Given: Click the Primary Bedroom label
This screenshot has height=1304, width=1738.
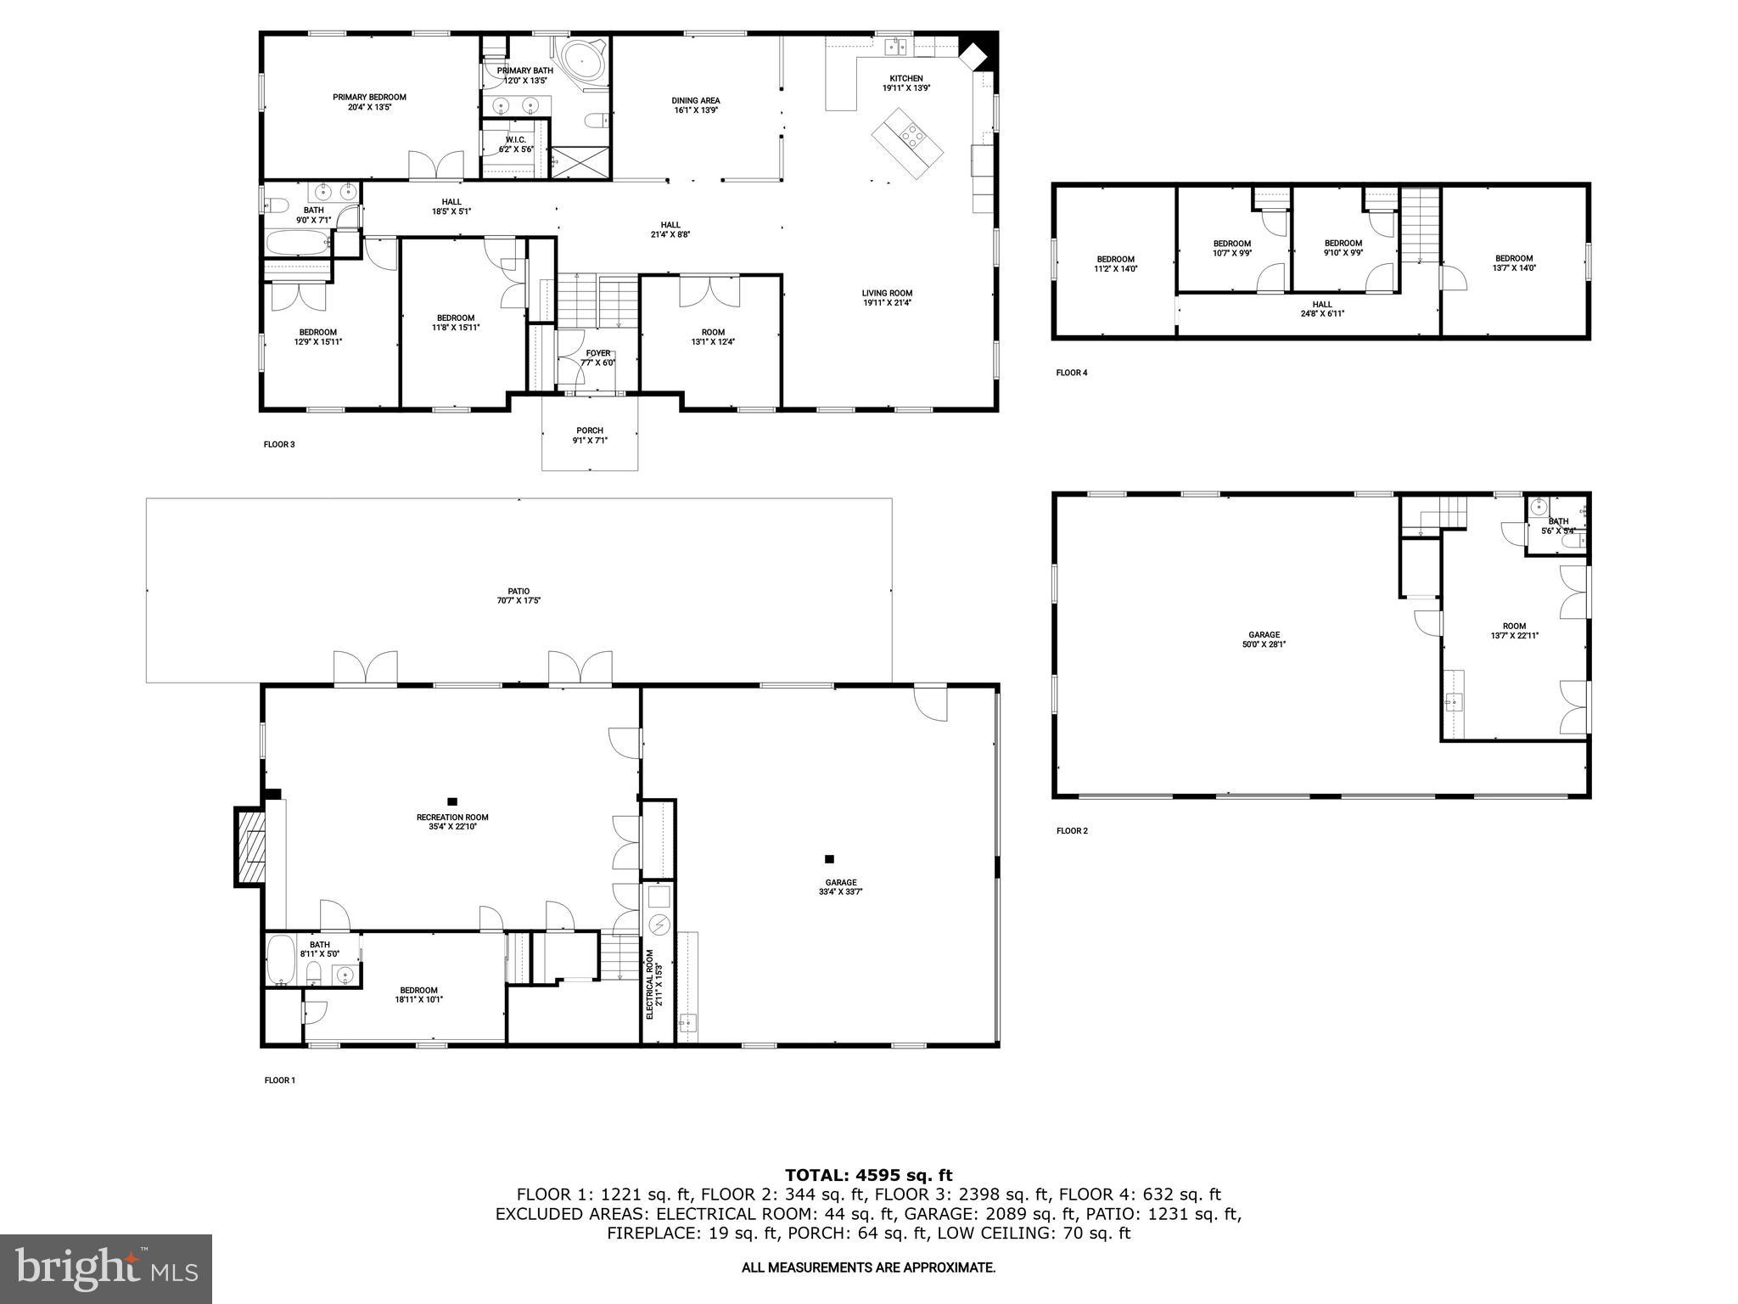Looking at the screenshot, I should [x=369, y=102].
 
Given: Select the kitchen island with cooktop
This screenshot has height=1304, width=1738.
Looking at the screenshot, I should [x=909, y=143].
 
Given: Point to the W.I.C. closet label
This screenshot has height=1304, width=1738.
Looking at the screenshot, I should [x=516, y=144].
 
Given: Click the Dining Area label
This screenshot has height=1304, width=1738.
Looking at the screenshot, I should [x=696, y=105].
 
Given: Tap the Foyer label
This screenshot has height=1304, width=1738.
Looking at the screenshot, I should [x=597, y=357].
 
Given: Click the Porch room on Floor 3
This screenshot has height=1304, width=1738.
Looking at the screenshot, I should [x=590, y=435].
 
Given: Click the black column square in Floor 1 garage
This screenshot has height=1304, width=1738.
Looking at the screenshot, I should [x=829, y=859].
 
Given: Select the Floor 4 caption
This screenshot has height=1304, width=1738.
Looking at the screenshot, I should [x=1071, y=373].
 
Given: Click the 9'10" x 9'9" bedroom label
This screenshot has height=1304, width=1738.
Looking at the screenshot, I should [x=1343, y=247].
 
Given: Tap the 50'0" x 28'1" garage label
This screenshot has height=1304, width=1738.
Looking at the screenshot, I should [x=1264, y=639].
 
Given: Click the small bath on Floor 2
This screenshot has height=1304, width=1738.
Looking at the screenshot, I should [x=1557, y=526].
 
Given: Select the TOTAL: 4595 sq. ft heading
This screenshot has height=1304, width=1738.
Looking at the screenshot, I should [x=868, y=1176].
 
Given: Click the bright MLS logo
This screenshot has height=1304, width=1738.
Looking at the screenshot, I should [x=106, y=1268].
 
